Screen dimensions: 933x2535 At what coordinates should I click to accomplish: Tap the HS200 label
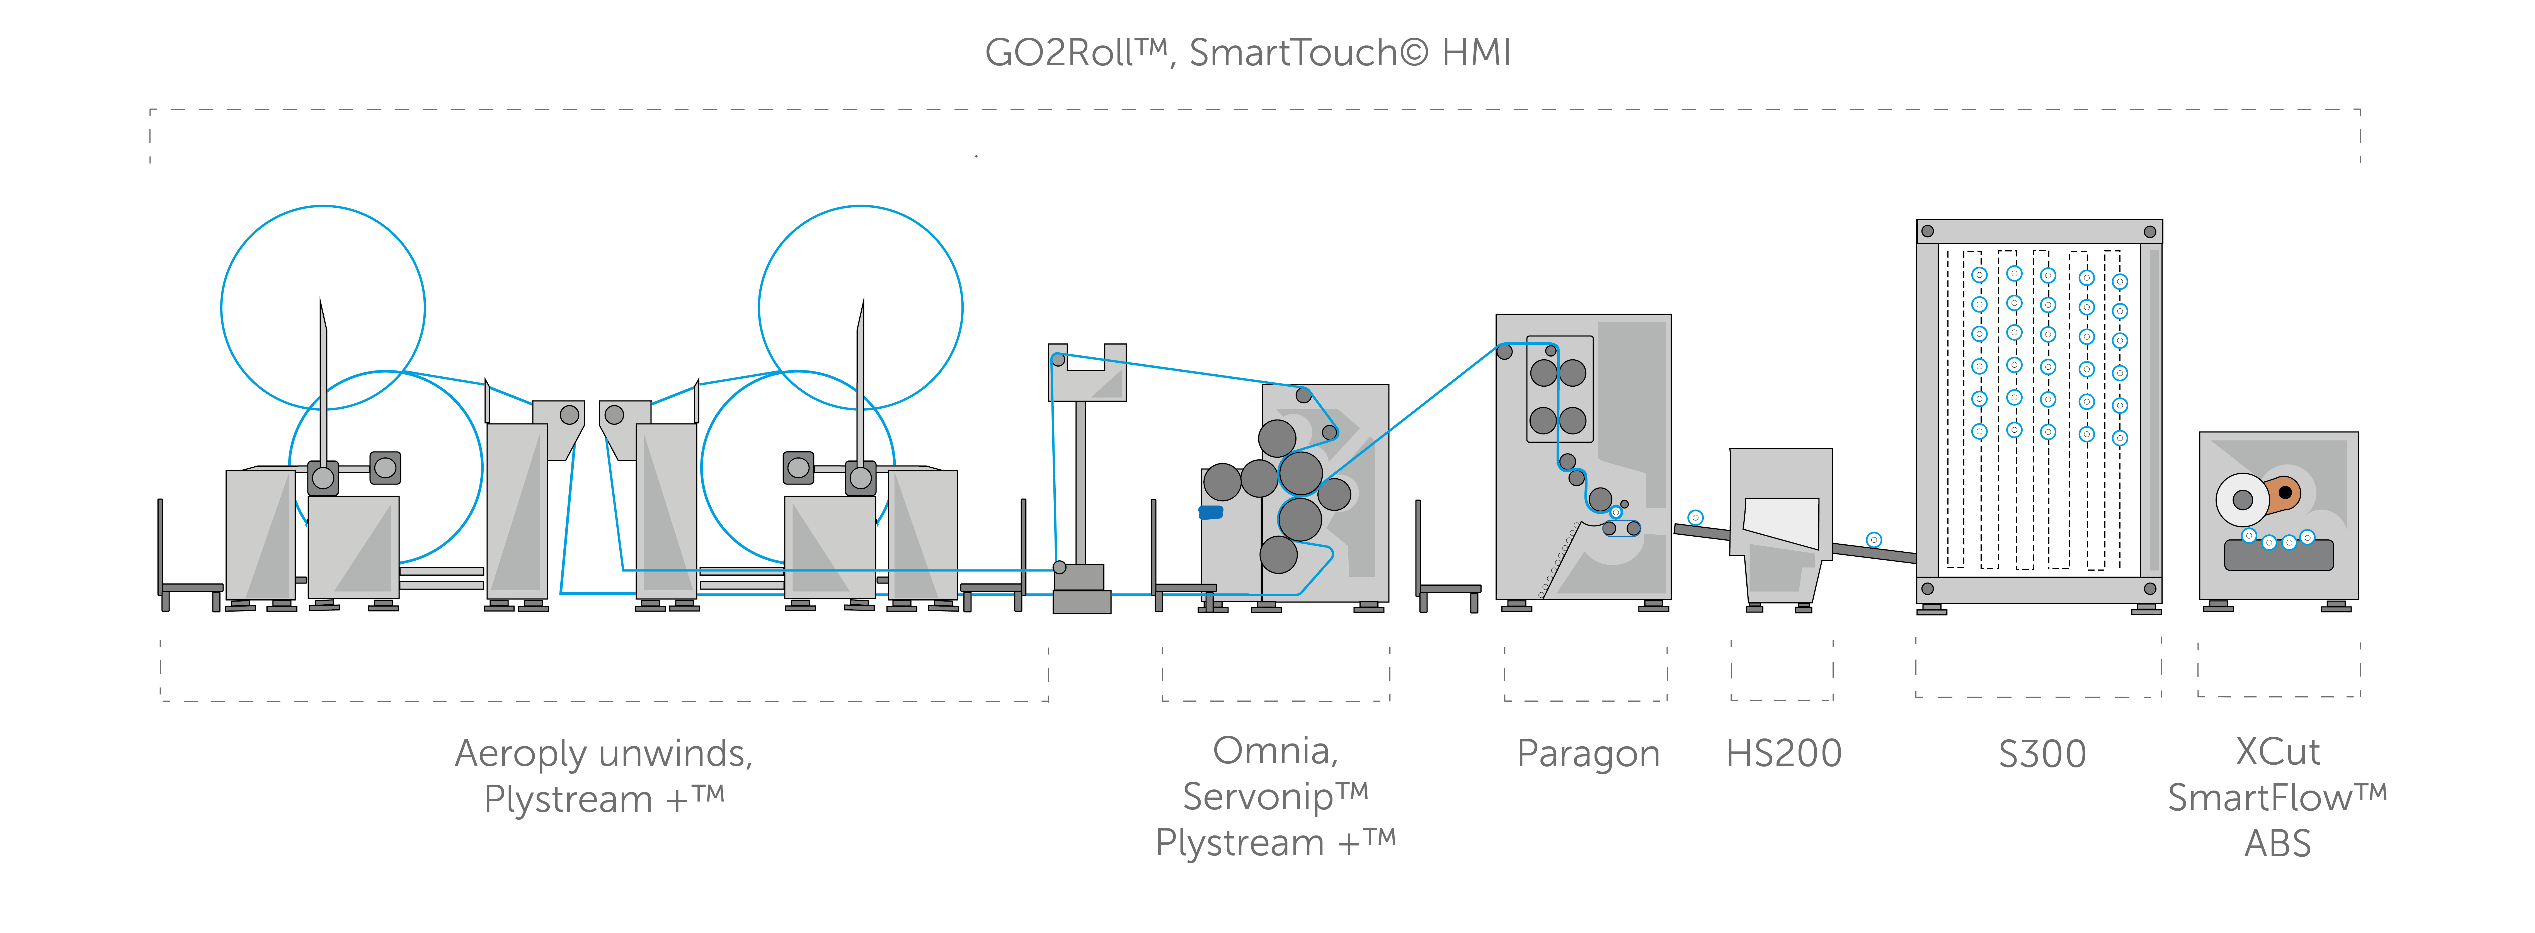pyautogui.click(x=1783, y=754)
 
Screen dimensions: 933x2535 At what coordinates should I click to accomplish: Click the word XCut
pyautogui.click(x=2277, y=752)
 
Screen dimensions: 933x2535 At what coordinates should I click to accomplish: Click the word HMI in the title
pyautogui.click(x=1476, y=53)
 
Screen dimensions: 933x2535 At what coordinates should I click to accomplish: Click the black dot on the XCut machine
pyautogui.click(x=2285, y=492)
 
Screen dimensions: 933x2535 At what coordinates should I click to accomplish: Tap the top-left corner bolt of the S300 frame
pyautogui.click(x=1928, y=231)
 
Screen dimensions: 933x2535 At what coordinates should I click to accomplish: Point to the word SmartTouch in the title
pyautogui.click(x=1294, y=53)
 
